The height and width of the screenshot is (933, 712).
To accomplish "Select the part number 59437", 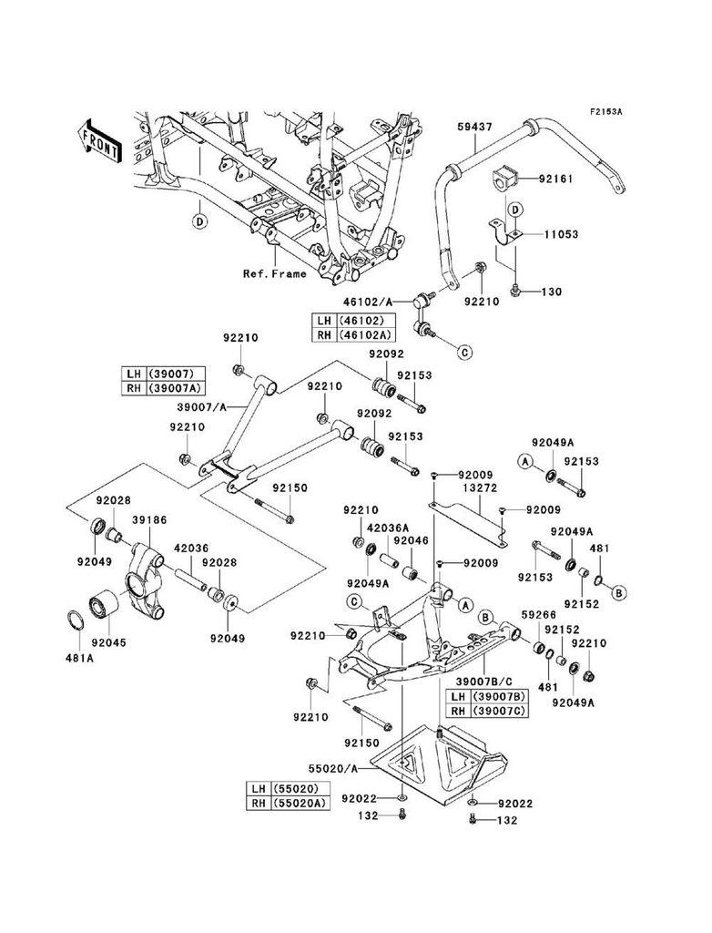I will pos(473,126).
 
